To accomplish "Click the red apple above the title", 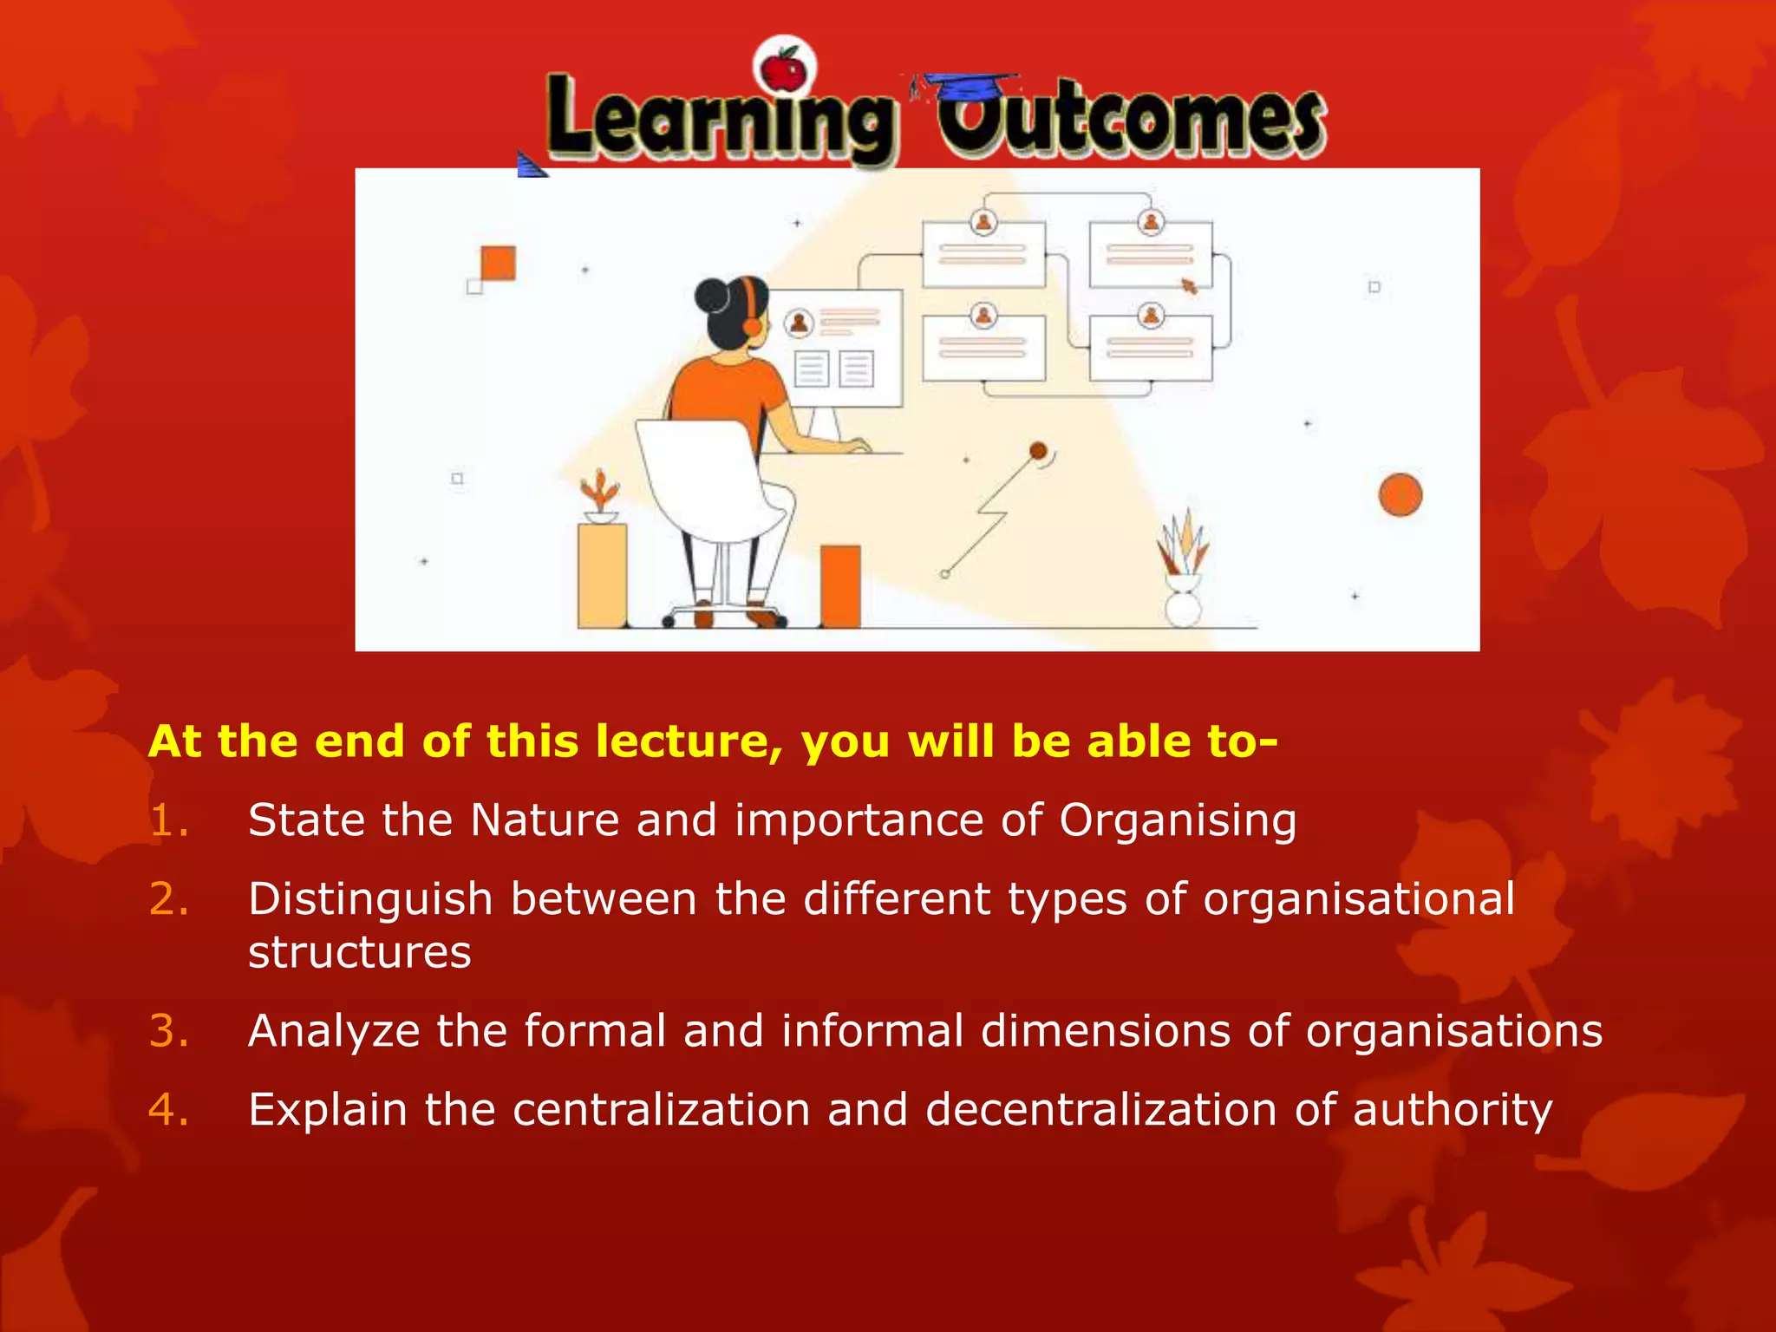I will coord(785,68).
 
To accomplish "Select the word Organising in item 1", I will coord(1178,820).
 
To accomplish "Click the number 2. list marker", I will coord(168,899).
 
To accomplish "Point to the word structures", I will coord(359,953).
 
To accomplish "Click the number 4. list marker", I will coord(168,1110).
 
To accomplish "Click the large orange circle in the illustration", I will coord(1400,495).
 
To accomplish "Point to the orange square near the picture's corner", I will coord(498,263).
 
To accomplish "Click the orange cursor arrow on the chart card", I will coord(1189,285).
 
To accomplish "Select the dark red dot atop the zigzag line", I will coord(1038,450).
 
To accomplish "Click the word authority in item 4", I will coord(1453,1110).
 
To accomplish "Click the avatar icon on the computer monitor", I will coord(798,323).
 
